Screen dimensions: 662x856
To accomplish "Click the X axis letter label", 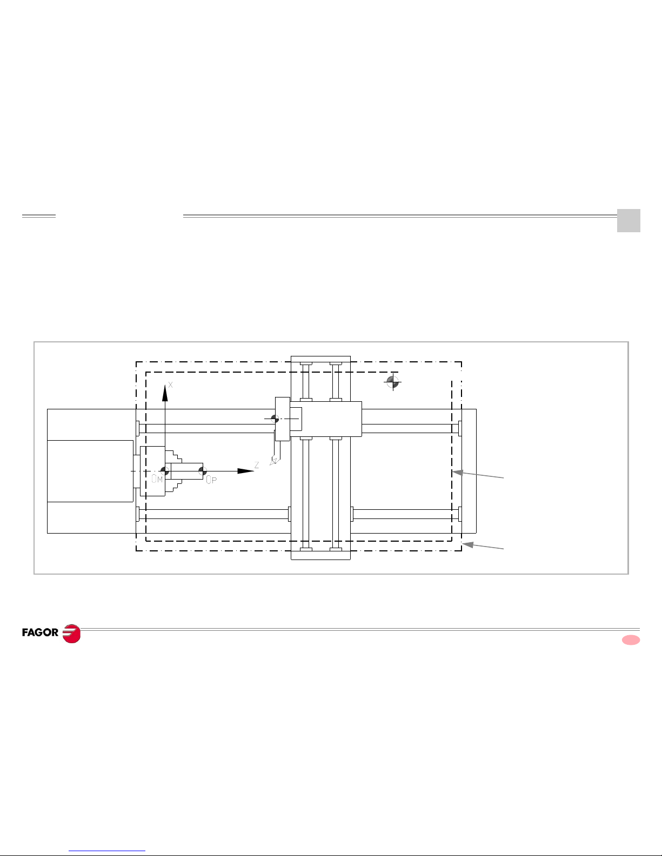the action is point(170,385).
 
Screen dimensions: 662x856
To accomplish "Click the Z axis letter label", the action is point(257,465).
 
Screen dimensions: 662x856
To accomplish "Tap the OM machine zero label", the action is point(157,478).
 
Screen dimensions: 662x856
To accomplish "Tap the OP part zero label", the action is point(212,480).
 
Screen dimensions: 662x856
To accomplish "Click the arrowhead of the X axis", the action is point(165,393).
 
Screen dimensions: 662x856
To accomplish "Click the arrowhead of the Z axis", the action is point(246,471).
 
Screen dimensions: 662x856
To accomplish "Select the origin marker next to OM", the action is point(165,471).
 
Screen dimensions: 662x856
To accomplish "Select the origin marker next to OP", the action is point(203,471).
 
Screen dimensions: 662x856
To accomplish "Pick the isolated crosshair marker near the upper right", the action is point(392,382).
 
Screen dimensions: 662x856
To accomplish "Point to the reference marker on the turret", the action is point(275,419).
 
